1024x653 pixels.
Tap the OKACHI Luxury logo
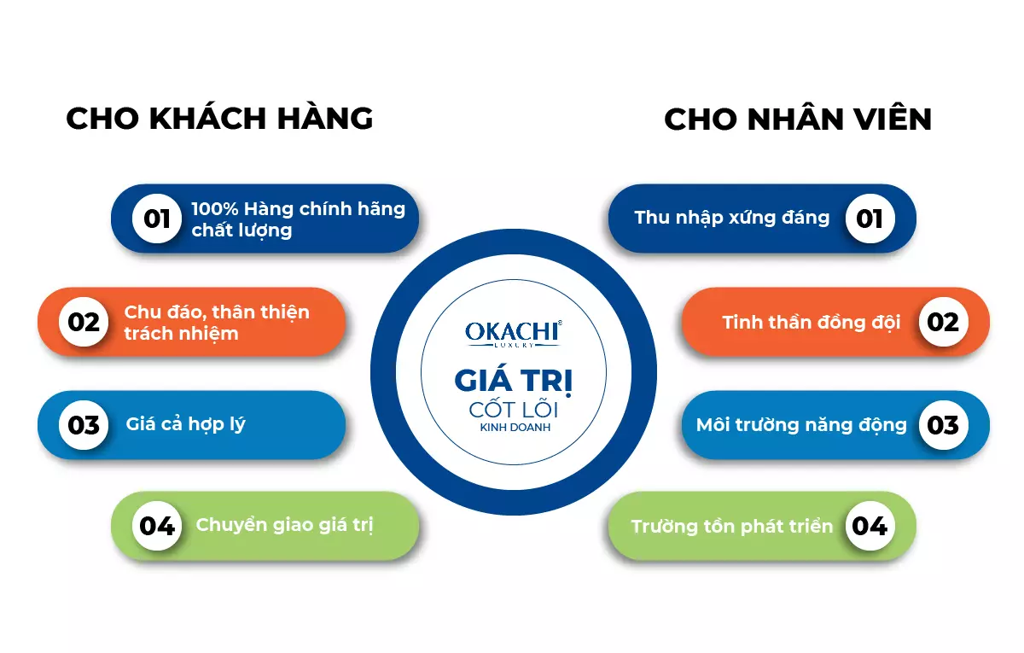(x=514, y=334)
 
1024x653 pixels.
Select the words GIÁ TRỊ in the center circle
(x=514, y=381)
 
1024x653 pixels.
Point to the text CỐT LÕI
(x=514, y=408)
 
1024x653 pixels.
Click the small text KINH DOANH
(x=515, y=428)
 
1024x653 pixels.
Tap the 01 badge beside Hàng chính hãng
(x=157, y=219)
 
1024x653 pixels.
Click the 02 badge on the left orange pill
(x=84, y=322)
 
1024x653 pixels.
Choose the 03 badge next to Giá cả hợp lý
(x=84, y=425)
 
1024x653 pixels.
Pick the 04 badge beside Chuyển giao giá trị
(x=157, y=526)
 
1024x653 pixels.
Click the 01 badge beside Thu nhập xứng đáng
(x=870, y=219)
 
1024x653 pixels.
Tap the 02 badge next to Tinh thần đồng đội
(x=943, y=322)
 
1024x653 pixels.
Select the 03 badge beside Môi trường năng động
(x=943, y=425)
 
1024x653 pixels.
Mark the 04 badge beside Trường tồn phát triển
(x=870, y=526)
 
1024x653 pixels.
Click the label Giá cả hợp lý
(x=186, y=425)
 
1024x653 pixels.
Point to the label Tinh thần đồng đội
(x=812, y=323)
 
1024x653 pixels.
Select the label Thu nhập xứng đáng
(x=732, y=218)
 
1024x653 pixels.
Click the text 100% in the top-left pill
(x=215, y=209)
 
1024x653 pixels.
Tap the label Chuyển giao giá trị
(x=284, y=525)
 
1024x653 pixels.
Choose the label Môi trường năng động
(x=801, y=425)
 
